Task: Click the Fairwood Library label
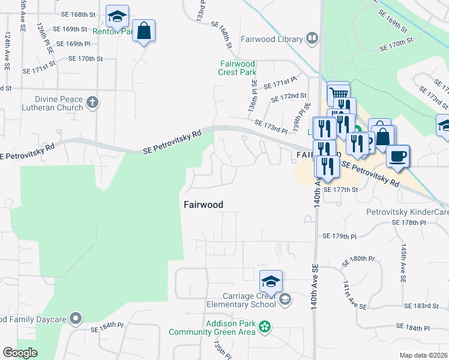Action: (271, 40)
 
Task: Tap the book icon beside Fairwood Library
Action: (312, 40)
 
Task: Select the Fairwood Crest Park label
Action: (238, 68)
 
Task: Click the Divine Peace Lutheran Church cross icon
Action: (92, 103)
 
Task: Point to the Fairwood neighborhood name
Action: (203, 205)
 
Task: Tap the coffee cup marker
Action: (398, 157)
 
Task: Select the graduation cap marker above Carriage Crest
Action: (271, 281)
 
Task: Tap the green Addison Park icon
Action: (264, 328)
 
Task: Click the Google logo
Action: (19, 353)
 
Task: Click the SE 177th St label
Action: (340, 190)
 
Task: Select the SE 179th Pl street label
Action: (343, 236)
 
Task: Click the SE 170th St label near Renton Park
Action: (86, 59)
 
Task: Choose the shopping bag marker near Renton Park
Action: (144, 31)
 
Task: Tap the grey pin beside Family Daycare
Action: (75, 317)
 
